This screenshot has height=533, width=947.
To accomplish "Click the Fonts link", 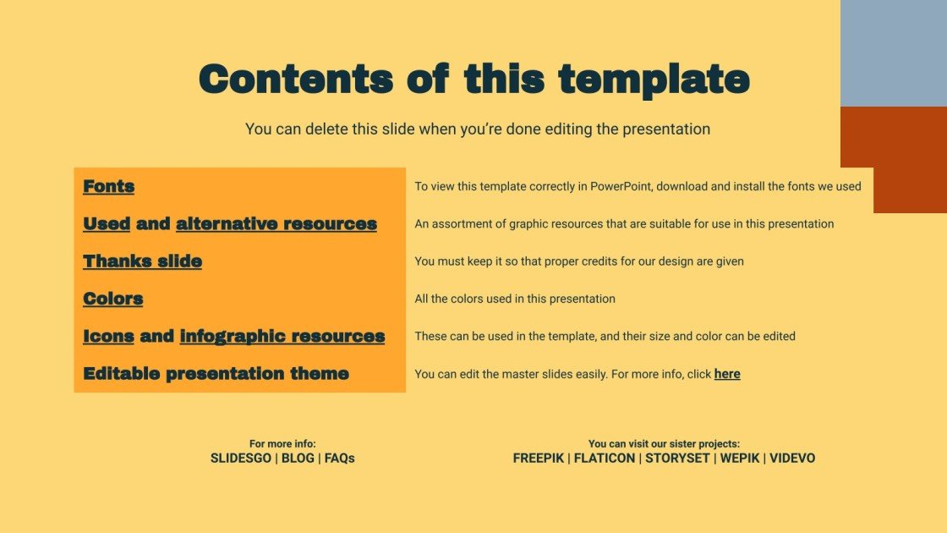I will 108,186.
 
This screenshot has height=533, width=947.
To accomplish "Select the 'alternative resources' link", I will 276,223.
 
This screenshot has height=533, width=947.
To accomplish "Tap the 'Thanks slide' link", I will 142,261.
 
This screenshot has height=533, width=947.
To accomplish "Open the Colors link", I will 112,298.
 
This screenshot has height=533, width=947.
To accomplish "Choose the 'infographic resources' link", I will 282,336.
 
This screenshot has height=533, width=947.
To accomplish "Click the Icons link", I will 108,336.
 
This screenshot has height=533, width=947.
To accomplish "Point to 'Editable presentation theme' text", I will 216,373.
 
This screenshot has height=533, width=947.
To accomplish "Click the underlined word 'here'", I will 727,373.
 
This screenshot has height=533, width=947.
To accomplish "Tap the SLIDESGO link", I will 241,458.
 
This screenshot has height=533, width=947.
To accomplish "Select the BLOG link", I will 298,458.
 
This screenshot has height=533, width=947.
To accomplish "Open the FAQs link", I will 340,458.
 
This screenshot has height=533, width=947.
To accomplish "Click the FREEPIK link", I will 539,458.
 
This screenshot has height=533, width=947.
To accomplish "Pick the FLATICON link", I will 605,458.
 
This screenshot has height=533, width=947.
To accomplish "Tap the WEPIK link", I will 740,458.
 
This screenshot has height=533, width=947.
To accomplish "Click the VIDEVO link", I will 793,458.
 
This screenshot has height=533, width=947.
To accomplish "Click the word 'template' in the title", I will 654,80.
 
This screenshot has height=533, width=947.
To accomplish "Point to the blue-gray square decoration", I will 894,52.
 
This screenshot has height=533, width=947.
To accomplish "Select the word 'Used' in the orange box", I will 107,223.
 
